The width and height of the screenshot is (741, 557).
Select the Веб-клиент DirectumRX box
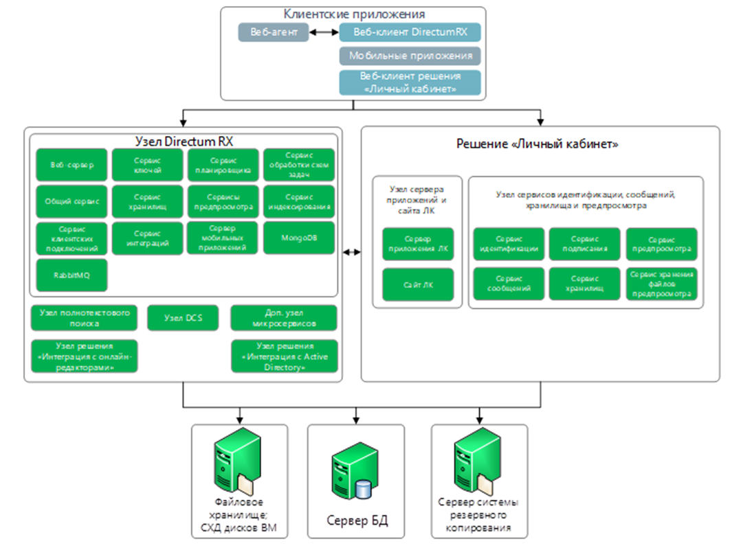[410, 32]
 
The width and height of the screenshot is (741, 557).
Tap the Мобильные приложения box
[410, 56]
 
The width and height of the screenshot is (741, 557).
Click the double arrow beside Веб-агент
[322, 32]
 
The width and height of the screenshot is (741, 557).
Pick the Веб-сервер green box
[71, 165]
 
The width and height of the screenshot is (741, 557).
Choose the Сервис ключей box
[147, 165]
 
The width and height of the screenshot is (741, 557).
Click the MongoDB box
[299, 238]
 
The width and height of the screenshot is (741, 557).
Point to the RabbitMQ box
[71, 275]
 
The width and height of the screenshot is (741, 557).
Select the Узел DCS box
[183, 318]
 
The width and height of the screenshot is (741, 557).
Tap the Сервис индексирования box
[299, 201]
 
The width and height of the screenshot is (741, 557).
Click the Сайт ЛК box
[418, 284]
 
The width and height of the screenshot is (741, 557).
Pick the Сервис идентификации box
[509, 245]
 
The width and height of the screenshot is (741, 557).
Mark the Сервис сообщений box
[509, 284]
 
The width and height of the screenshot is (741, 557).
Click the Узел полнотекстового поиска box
[84, 318]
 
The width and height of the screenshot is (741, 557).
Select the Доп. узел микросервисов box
[284, 318]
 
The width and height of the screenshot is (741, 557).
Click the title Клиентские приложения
[354, 14]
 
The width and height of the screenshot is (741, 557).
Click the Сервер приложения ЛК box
[418, 245]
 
